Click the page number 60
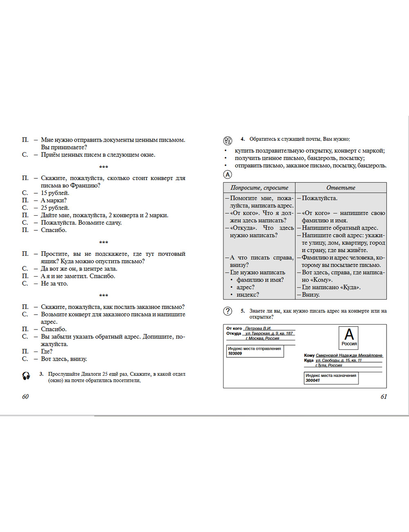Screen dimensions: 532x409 (x=25, y=397)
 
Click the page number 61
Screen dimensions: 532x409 (x=384, y=397)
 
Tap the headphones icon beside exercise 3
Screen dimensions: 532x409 (x=26, y=376)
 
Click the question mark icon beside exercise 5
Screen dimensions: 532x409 (x=227, y=311)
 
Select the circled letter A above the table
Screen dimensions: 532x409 (x=227, y=174)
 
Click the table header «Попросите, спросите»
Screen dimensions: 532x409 (x=259, y=188)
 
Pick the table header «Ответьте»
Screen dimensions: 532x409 (x=341, y=188)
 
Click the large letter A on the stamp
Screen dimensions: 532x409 (x=349, y=334)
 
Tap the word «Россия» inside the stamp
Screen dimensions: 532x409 (x=349, y=344)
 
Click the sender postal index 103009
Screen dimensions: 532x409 (x=235, y=354)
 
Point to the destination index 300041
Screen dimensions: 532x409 (x=313, y=381)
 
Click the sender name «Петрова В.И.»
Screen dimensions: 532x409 (x=258, y=328)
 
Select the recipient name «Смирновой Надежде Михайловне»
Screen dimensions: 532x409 (x=349, y=355)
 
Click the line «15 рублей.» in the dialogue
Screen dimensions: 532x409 (x=55, y=193)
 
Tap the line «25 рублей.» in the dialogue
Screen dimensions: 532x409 (x=55, y=207)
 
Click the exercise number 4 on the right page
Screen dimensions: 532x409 (x=243, y=139)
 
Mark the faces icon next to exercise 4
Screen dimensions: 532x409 (x=228, y=141)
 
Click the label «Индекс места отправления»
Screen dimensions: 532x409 (x=254, y=349)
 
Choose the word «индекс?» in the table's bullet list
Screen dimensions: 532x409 (x=247, y=295)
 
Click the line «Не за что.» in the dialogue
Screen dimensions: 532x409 (x=54, y=284)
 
